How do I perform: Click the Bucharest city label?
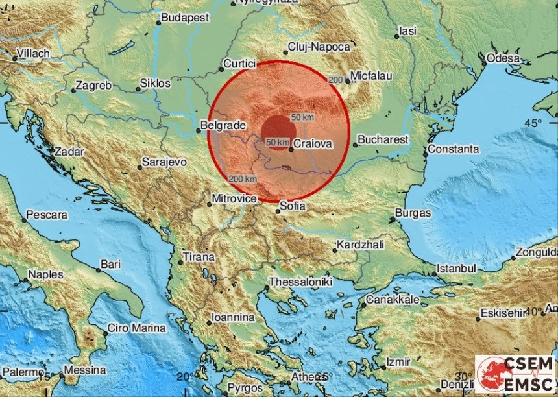point(385,139)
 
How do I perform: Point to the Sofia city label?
point(289,208)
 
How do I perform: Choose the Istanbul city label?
point(455,267)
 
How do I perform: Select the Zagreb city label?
point(94,85)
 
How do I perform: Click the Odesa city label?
point(503,58)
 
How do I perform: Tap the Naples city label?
point(45,274)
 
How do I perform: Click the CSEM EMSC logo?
point(515,372)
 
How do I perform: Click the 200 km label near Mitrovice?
point(242,179)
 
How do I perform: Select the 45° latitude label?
point(534,123)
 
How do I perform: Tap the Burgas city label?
point(413,213)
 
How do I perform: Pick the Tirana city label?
point(198,257)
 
